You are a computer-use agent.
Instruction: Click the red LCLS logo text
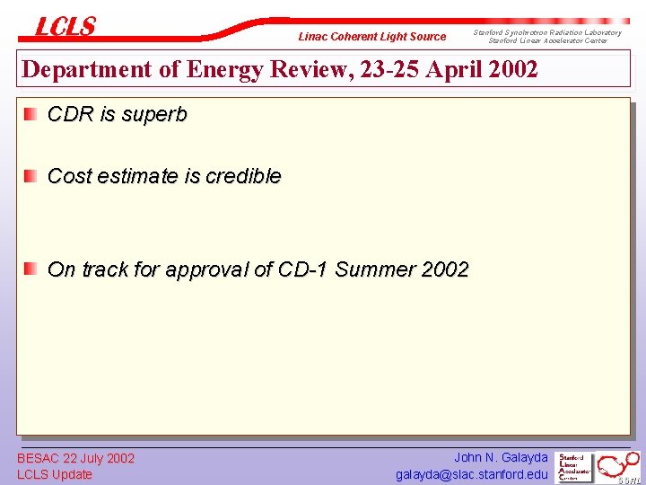coord(65,27)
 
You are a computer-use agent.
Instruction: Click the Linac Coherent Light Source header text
coord(371,37)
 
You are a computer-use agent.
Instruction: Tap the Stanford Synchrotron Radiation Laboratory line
coord(547,32)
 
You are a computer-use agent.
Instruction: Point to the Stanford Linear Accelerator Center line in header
coord(547,41)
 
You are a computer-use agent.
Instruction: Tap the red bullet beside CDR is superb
coord(31,114)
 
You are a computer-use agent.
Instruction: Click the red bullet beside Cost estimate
coord(31,175)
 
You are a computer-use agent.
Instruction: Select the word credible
coord(243,176)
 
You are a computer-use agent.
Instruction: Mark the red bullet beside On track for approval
coord(31,268)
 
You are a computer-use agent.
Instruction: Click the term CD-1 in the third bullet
coord(305,269)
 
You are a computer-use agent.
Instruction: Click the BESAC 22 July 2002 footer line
coord(75,458)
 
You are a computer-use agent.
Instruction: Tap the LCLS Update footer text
coord(55,474)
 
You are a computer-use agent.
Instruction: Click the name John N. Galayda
coord(501,458)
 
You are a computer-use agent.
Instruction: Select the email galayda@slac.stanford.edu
coord(472,474)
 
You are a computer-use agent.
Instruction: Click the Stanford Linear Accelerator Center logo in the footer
coord(575,467)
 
